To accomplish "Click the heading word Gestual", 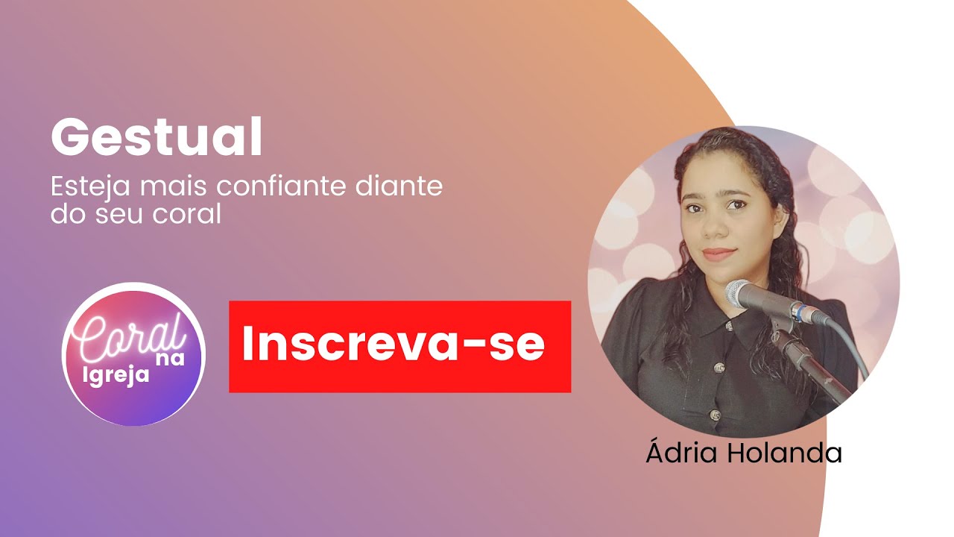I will coord(157,139).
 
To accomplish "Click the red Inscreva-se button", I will coord(399,346).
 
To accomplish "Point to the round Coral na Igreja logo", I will coord(133,354).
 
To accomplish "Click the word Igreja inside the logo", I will coord(116,374).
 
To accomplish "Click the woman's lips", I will coord(720,254).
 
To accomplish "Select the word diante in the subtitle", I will coord(407,186).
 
